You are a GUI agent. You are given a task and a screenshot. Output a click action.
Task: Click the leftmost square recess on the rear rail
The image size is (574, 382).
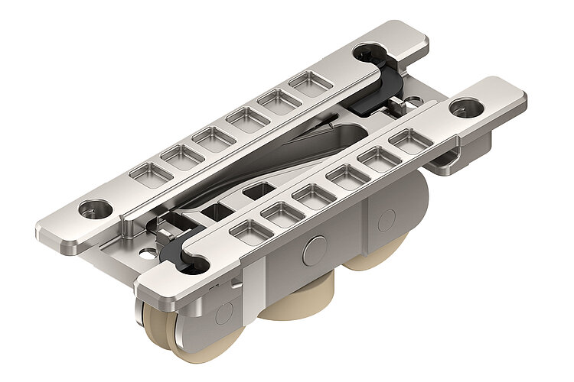[x=151, y=173]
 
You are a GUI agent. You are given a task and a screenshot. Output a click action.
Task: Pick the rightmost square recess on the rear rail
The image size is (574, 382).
[x=309, y=83]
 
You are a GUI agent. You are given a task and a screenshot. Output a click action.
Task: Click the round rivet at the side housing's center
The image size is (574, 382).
[x=313, y=250]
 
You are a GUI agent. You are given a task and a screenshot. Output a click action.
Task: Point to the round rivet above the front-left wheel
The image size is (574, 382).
[x=224, y=312]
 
